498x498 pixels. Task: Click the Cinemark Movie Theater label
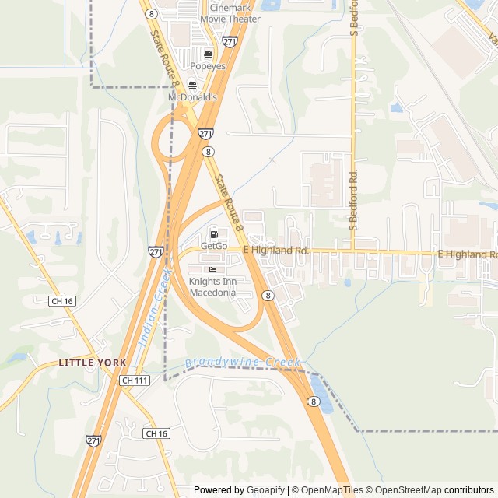pos(230,12)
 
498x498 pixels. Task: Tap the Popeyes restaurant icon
pos(208,54)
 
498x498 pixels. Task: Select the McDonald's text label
pos(192,97)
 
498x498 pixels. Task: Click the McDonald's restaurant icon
pos(192,86)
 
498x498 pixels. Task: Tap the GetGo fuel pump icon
pos(213,233)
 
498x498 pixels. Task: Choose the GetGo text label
pos(213,246)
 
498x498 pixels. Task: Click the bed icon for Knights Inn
pos(212,269)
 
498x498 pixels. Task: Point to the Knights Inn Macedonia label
pos(212,286)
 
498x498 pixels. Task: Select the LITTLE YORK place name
pos(92,363)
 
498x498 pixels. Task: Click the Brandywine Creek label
pos(243,363)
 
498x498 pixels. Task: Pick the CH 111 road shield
pos(135,381)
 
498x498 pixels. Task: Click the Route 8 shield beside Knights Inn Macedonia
pos(267,296)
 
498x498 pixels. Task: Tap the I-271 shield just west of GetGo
pos(156,251)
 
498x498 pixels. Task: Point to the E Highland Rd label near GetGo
pos(276,251)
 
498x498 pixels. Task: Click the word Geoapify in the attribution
pos(265,490)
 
